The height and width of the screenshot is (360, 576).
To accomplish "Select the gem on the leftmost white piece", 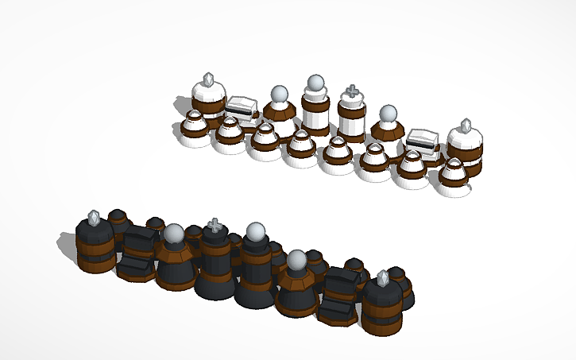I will pyautogui.click(x=208, y=79).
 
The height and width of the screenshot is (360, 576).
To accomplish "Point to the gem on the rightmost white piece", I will pyautogui.click(x=466, y=126).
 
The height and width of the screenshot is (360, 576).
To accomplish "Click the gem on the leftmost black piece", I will pyautogui.click(x=95, y=216).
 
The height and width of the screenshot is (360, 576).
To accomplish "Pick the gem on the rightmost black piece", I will pyautogui.click(x=384, y=278).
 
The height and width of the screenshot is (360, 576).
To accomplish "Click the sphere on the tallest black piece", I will pyautogui.click(x=255, y=232).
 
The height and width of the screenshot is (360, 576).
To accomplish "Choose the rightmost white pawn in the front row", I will pyautogui.click(x=454, y=176).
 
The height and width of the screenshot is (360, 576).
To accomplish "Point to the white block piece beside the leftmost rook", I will pyautogui.click(x=240, y=106).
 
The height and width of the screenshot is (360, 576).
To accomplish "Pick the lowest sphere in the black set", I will pyautogui.click(x=296, y=258).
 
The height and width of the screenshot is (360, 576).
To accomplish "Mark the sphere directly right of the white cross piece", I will pyautogui.click(x=387, y=114).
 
